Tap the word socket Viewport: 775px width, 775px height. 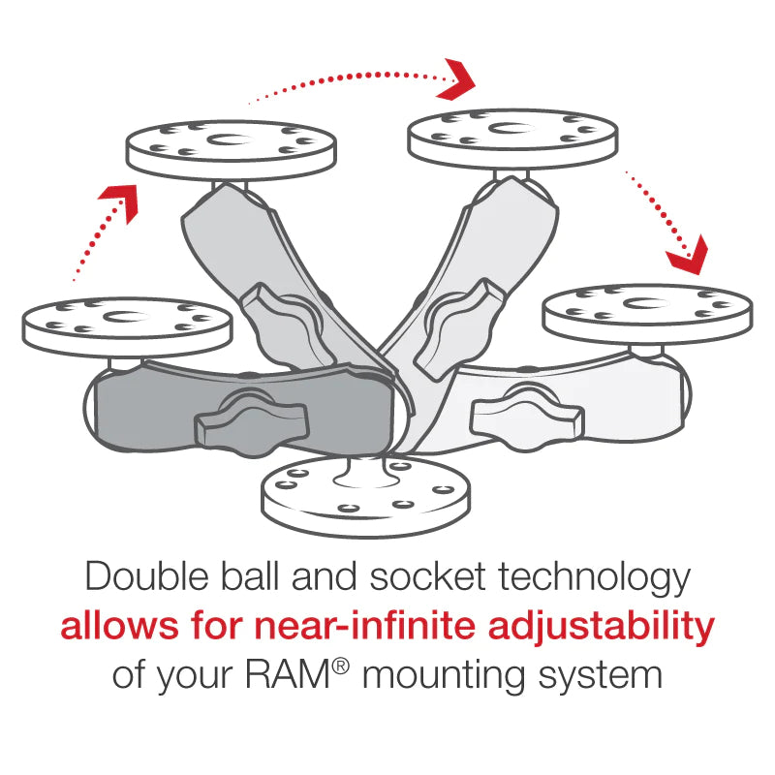pos(426,578)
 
